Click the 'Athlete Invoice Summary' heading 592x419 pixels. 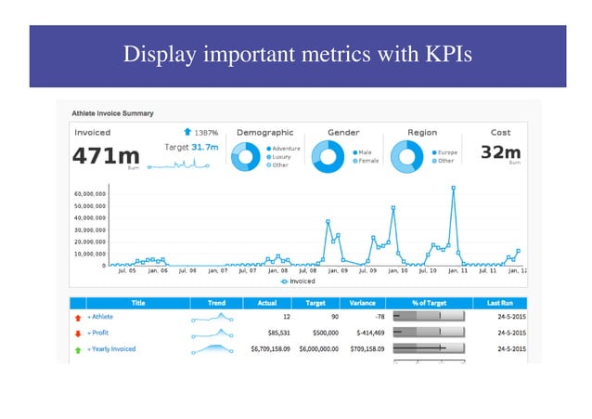(113, 113)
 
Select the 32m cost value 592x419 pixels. (501, 151)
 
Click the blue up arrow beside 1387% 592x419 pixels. (187, 133)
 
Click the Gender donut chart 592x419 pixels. (327, 157)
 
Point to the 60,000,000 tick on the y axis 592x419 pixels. (89, 194)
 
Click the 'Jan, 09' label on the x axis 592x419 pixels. (337, 271)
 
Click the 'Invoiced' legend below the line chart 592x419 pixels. (296, 281)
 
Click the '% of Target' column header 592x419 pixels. (429, 303)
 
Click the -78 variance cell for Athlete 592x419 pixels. (367, 317)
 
